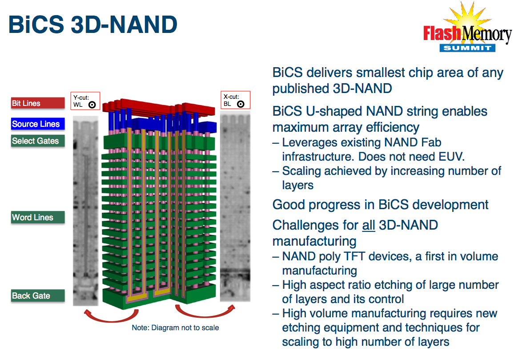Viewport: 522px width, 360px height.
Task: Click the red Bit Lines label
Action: (38, 103)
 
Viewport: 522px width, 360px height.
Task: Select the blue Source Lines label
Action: (38, 124)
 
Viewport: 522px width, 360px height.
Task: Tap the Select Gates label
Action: (38, 141)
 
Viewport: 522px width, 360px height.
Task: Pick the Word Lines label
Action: (38, 218)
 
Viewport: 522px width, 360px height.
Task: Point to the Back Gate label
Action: (38, 296)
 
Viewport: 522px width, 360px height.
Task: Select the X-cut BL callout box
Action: (235, 100)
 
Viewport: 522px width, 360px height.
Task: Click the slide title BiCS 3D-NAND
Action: (93, 24)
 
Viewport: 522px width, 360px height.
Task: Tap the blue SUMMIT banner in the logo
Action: (467, 48)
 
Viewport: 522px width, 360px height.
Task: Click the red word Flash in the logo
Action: (442, 33)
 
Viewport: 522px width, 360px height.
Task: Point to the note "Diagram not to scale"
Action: (176, 328)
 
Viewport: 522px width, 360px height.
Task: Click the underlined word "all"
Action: (369, 226)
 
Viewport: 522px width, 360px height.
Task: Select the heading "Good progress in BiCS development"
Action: (381, 205)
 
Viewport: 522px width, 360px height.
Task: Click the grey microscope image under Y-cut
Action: (85, 211)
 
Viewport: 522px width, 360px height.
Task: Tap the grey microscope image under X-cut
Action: (235, 206)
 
